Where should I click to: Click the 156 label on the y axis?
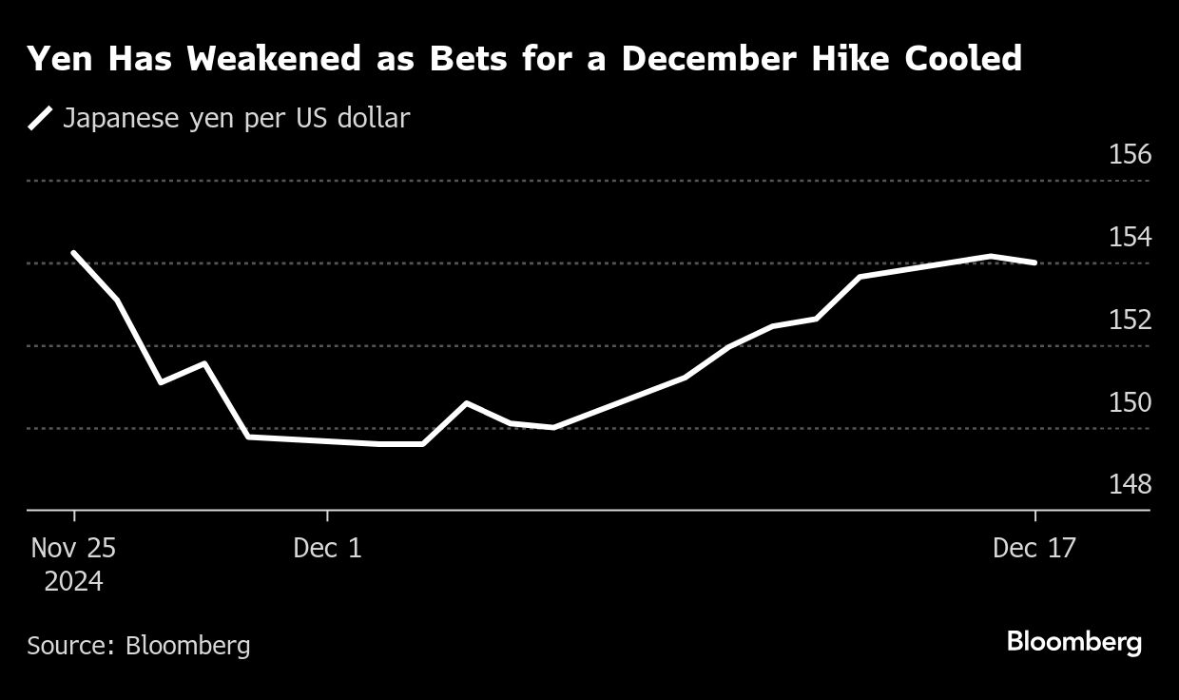click(1130, 154)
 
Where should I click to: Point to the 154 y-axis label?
click(1130, 237)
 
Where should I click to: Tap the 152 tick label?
click(1130, 320)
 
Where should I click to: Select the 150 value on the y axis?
click(1130, 402)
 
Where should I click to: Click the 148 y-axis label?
click(1130, 485)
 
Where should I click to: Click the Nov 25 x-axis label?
click(73, 549)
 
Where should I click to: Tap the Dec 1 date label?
click(327, 549)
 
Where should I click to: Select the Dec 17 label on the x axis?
click(1034, 549)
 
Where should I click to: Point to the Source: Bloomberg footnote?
click(139, 646)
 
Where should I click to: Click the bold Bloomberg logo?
click(1073, 642)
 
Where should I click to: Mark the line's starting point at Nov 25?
click(73, 253)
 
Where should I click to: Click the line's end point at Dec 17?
click(1034, 262)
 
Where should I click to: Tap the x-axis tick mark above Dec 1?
click(327, 516)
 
